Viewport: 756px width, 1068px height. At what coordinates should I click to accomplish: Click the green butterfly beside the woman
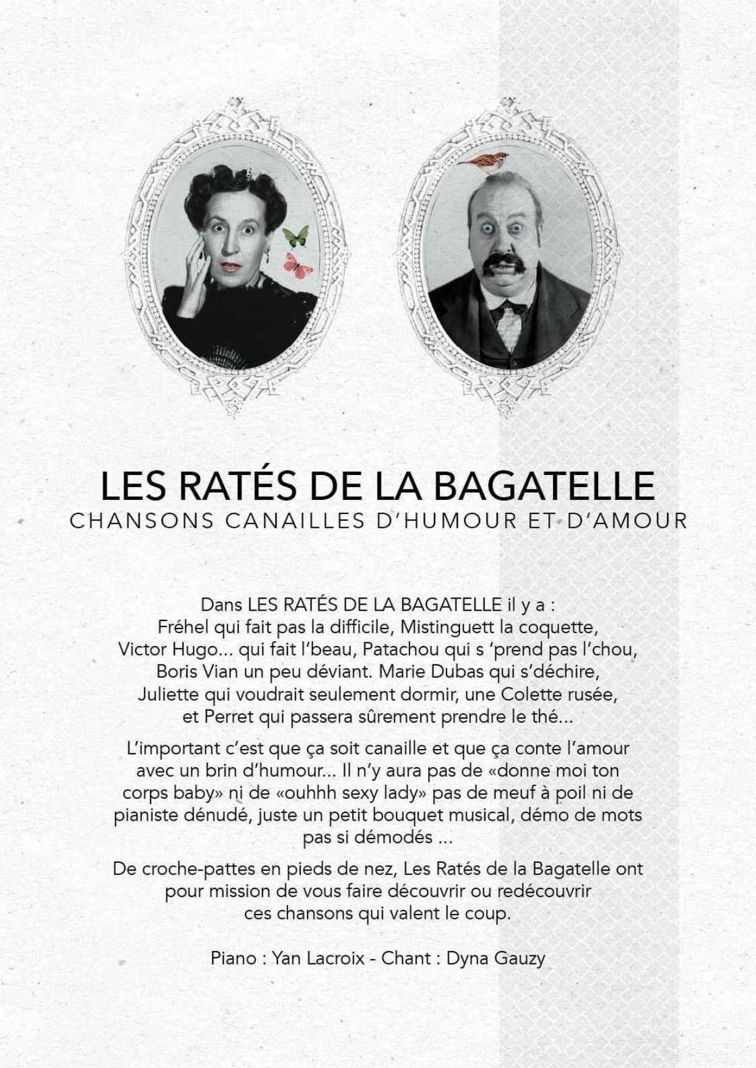(x=297, y=236)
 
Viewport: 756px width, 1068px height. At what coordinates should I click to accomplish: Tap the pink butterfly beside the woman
(x=298, y=265)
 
